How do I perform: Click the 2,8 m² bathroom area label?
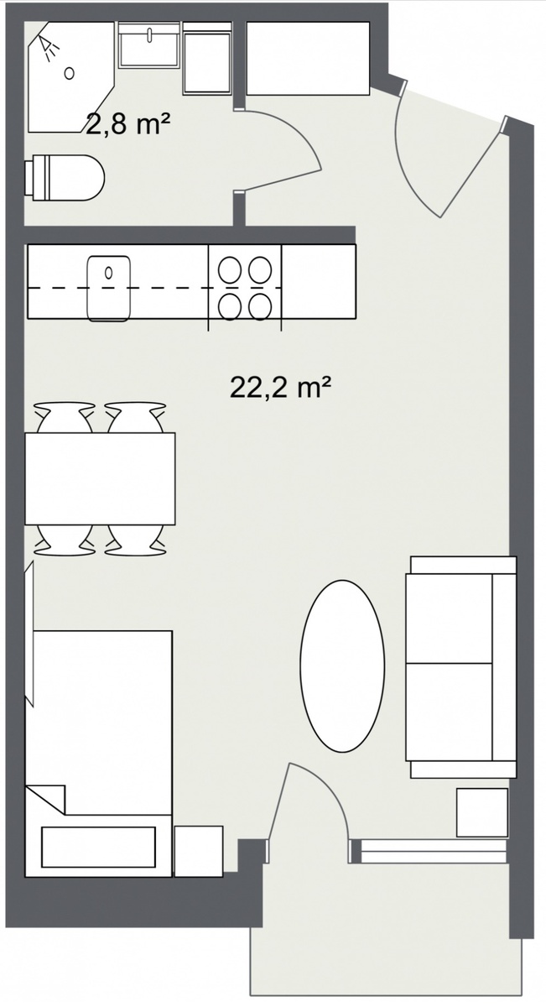pos(127,125)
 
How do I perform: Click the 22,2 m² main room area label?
pos(281,387)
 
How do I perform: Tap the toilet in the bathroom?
pos(65,178)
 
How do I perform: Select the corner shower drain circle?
pos(70,73)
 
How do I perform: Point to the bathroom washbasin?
pos(149,45)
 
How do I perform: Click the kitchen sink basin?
pos(109,288)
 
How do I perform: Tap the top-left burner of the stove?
pos(229,269)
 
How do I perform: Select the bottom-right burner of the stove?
pos(260,306)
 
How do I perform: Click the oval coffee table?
pos(342,665)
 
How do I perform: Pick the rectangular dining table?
pos(100,478)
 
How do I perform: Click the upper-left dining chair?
pos(65,417)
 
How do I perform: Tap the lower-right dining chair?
pos(135,540)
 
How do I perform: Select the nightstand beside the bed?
pos(199,851)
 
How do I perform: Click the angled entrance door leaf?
pos(472,172)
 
